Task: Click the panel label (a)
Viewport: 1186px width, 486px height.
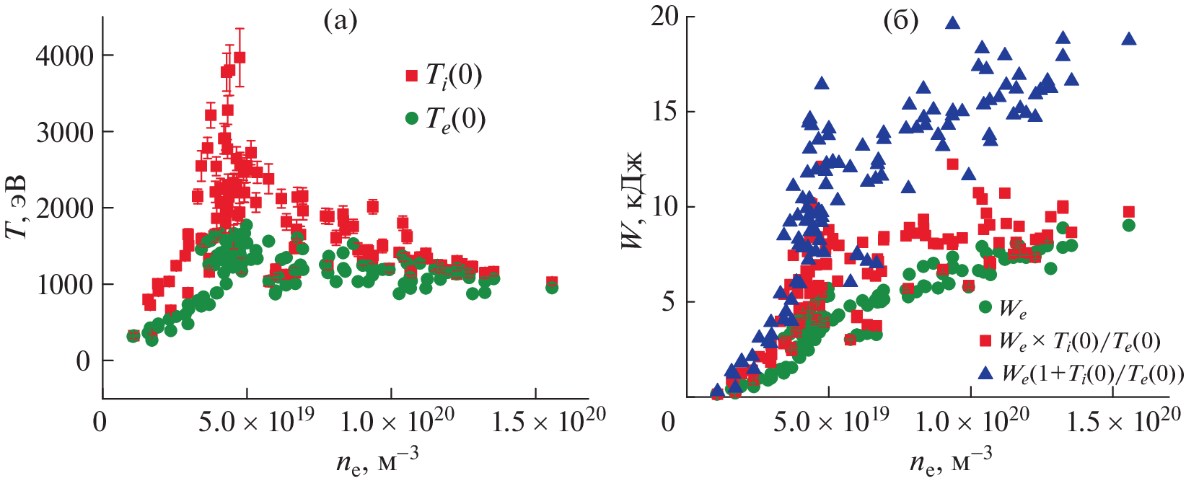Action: point(340,22)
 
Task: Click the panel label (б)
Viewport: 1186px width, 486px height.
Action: point(901,22)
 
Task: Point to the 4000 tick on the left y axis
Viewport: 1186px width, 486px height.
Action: point(65,56)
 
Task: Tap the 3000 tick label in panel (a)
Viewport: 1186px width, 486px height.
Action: point(65,132)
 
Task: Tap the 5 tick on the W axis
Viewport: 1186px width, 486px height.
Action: point(669,301)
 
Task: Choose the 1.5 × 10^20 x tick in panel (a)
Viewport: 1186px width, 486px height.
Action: point(548,421)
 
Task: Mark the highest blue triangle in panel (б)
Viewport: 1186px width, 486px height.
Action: point(952,22)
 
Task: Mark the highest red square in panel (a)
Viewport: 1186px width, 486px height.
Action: point(240,57)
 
